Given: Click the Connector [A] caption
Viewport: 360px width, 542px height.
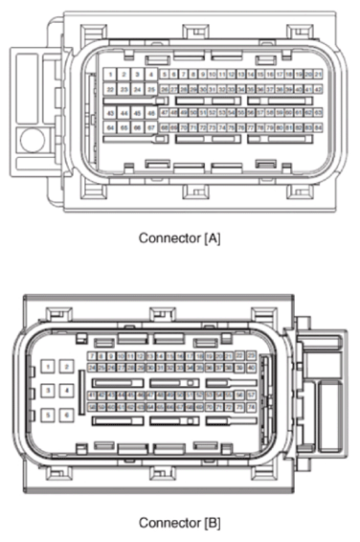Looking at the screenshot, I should pos(180,237).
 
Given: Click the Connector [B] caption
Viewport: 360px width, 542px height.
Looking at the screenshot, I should pos(180,523).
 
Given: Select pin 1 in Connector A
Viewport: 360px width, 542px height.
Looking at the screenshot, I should pos(112,74).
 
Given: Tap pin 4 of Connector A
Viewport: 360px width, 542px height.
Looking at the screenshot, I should pos(151,74).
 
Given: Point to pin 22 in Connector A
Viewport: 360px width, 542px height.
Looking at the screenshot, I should pos(112,89).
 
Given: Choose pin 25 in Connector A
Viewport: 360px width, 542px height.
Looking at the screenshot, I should pos(151,89).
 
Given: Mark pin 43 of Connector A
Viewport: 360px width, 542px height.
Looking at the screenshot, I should pos(112,112).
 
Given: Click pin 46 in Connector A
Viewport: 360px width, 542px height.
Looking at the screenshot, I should pos(151,112).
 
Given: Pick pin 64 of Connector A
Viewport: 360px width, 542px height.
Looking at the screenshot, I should pos(112,126).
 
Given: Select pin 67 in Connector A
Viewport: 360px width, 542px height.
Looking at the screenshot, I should pos(151,126).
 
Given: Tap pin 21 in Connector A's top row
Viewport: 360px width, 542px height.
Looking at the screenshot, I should pos(317,74).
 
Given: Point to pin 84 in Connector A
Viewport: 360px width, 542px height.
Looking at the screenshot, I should pos(317,126).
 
